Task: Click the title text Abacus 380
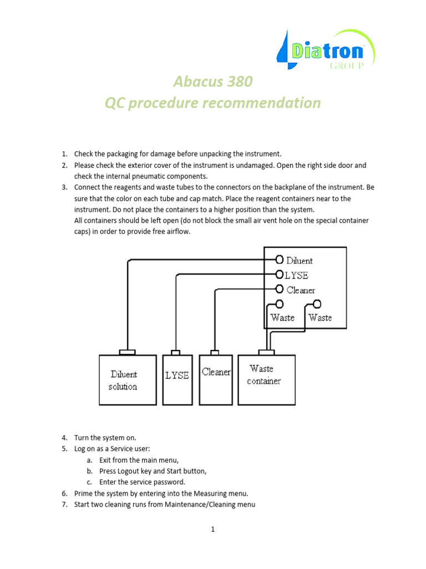point(213,82)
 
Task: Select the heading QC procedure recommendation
point(213,103)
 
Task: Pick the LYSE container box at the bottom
point(177,380)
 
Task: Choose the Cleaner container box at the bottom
point(216,380)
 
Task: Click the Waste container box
point(266,380)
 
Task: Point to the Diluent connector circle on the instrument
point(280,259)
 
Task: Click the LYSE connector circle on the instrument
point(280,274)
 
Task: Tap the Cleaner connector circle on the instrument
point(280,289)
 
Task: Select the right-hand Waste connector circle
point(317,304)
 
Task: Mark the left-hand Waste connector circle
point(280,304)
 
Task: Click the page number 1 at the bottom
point(212,530)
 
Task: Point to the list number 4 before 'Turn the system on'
point(64,437)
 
